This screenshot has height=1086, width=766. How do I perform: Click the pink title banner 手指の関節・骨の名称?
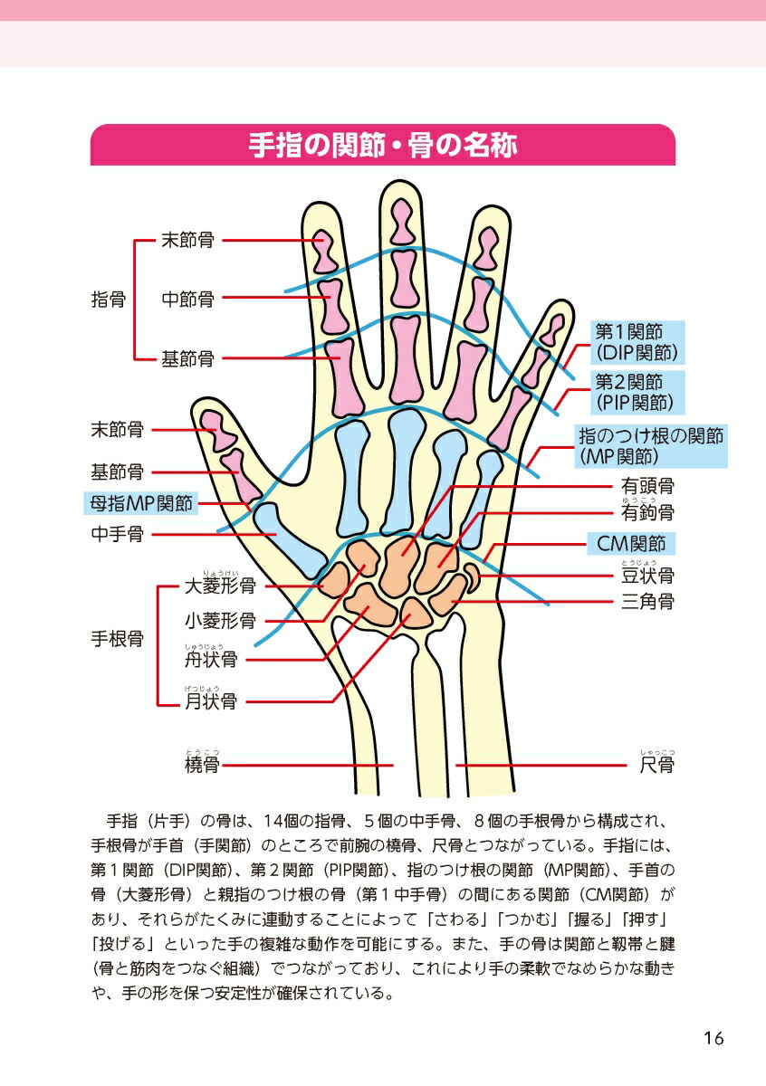[383, 145]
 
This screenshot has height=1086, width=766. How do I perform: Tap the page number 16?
[713, 1039]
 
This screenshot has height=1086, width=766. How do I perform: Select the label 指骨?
[108, 300]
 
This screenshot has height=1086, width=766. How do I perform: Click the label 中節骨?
[187, 300]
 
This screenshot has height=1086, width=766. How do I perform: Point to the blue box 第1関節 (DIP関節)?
[637, 343]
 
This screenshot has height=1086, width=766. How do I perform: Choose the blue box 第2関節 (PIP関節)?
[637, 393]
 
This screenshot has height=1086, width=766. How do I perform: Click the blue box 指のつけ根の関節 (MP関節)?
[651, 446]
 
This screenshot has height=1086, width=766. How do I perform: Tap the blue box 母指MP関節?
[140, 503]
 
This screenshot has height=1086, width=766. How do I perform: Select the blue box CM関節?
[631, 544]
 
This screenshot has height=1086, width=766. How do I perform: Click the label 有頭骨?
[647, 485]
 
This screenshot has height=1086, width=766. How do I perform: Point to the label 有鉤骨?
[647, 512]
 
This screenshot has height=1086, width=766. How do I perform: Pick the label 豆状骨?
[647, 576]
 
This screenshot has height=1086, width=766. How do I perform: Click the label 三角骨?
[647, 602]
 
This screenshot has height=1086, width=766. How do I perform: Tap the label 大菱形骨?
[220, 586]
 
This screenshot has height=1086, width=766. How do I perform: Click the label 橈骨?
[202, 765]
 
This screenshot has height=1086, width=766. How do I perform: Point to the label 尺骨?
[656, 765]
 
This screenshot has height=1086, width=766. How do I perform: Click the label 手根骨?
[118, 639]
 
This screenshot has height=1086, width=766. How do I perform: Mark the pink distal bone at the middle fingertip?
[402, 221]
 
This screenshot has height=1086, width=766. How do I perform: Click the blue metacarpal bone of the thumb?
[290, 540]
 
